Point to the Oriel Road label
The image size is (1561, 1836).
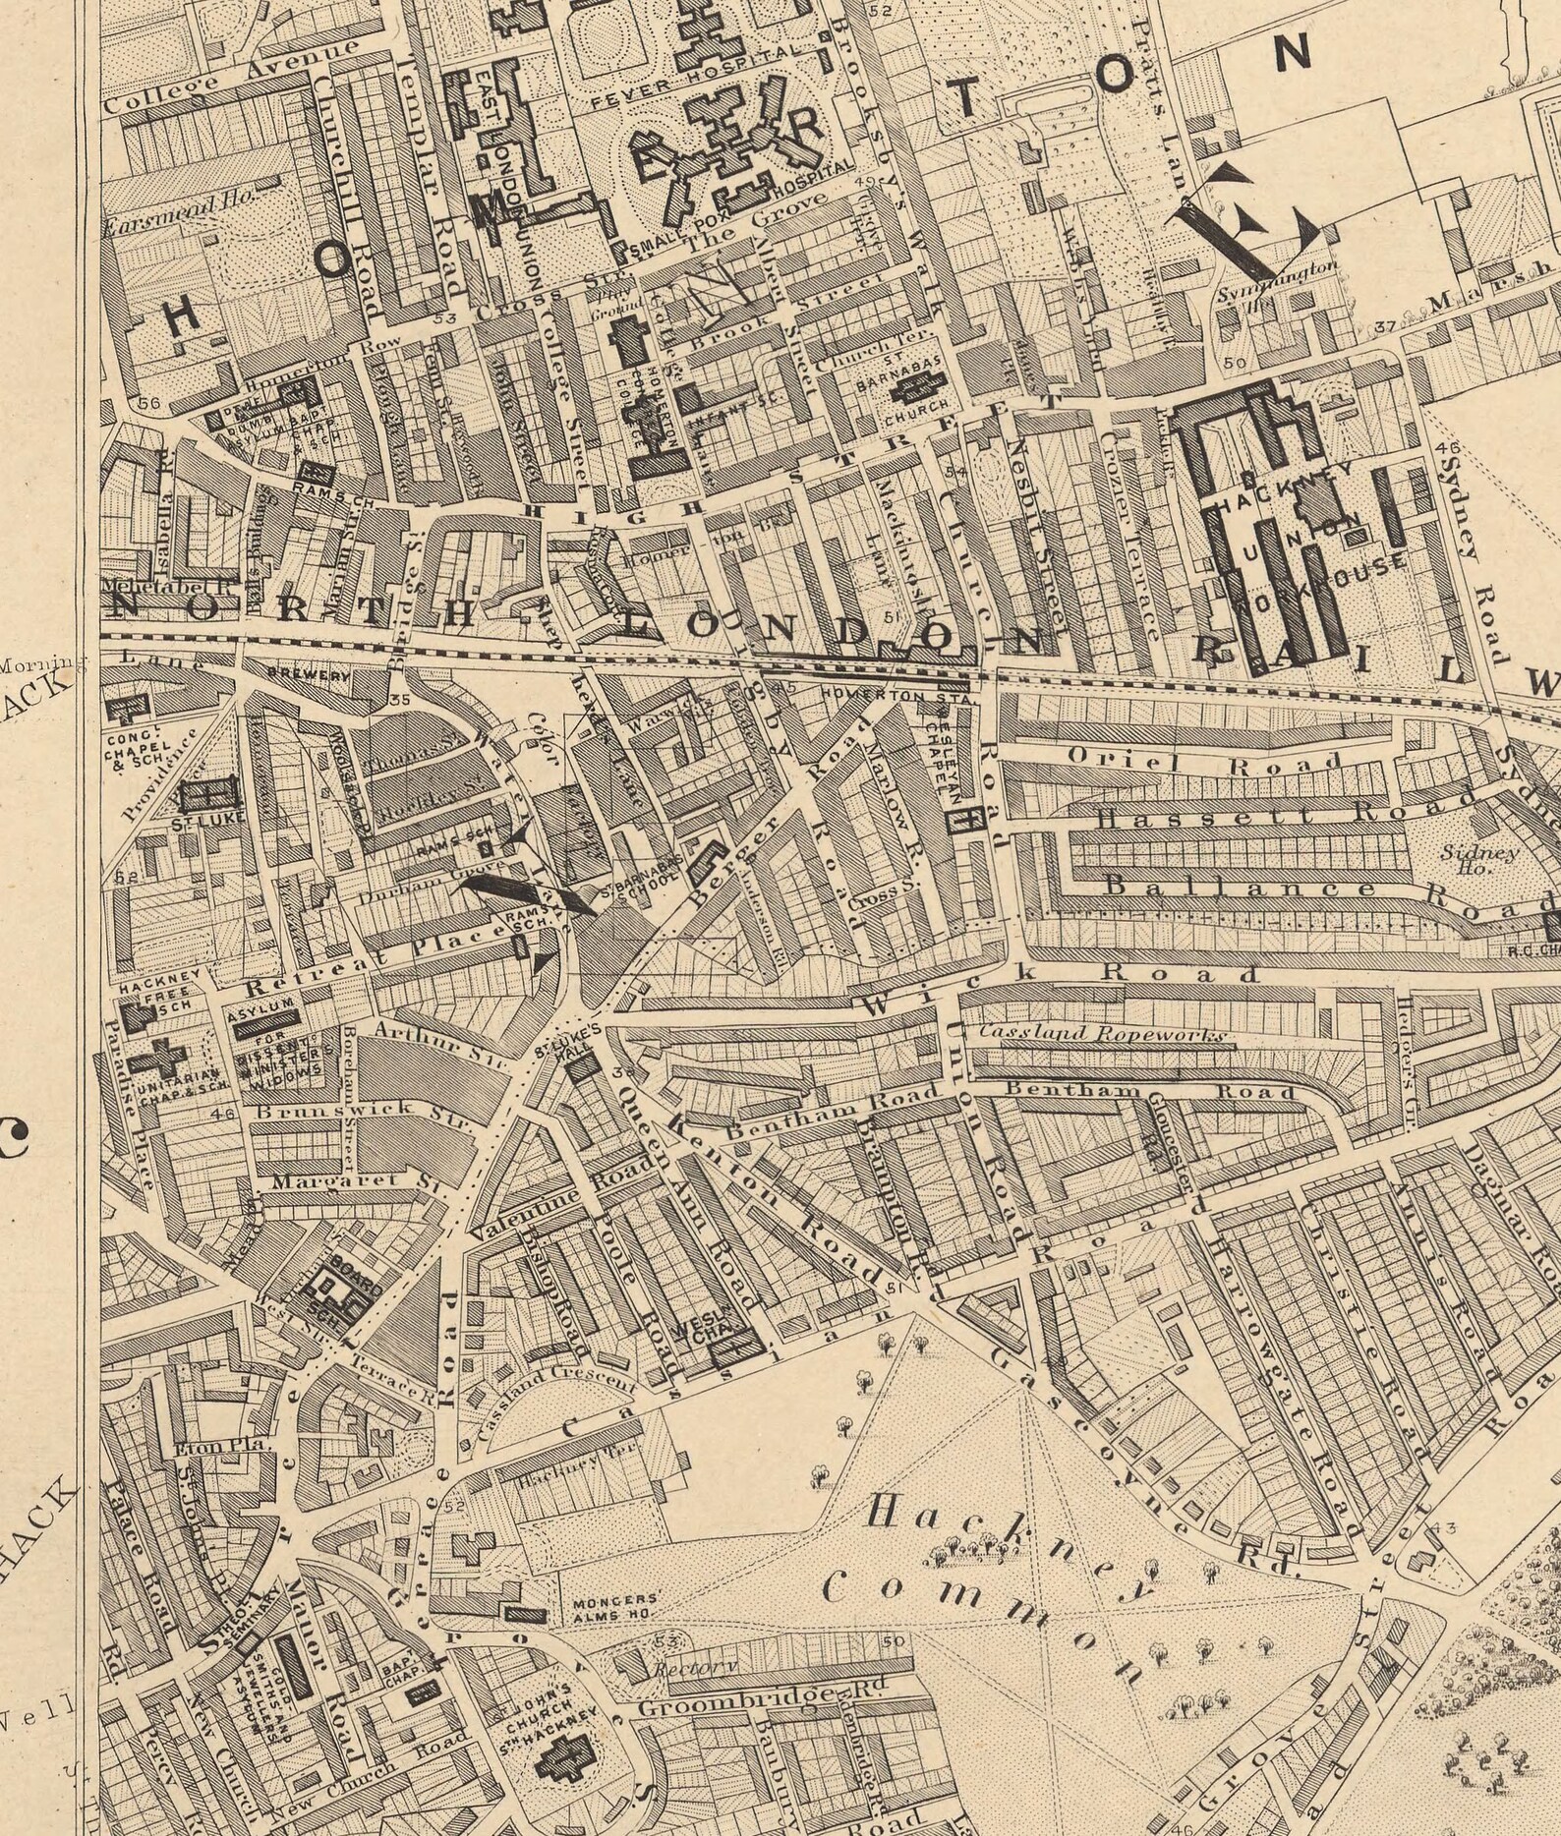[1205, 760]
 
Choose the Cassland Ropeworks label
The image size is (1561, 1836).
[1101, 1033]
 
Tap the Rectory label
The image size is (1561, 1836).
[688, 1669]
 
